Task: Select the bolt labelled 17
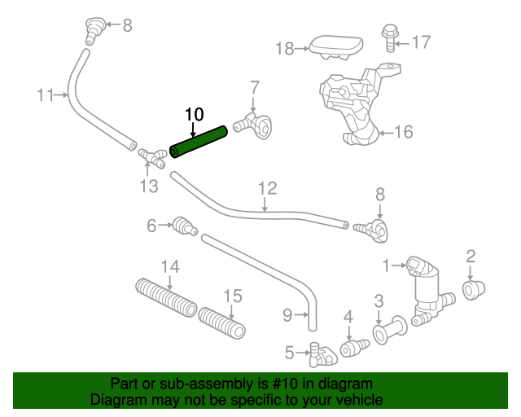[x=389, y=36]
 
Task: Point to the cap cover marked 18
[x=335, y=46]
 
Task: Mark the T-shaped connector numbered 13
[x=151, y=155]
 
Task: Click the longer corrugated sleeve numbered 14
[x=165, y=298]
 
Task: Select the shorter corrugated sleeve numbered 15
[x=222, y=322]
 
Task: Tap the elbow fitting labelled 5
[x=322, y=353]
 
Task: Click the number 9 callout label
[x=287, y=314]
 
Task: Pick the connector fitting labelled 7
[x=256, y=124]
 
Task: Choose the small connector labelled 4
[x=352, y=348]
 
